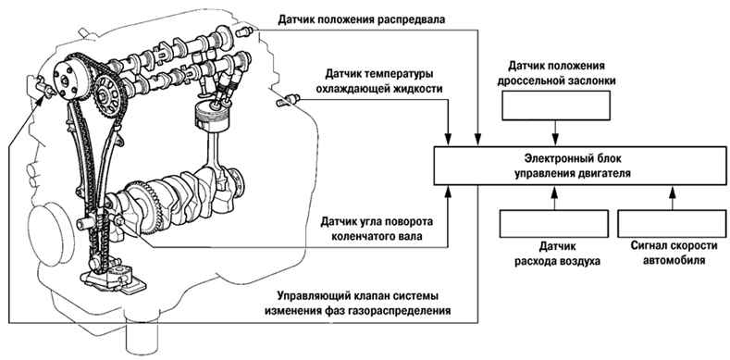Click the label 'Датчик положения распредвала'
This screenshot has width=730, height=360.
click(x=361, y=20)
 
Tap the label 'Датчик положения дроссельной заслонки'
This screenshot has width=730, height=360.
click(x=556, y=73)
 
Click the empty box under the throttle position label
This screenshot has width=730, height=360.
click(x=556, y=106)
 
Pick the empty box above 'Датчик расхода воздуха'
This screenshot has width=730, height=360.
click(x=554, y=224)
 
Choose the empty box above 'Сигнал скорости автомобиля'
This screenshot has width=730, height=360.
click(x=672, y=224)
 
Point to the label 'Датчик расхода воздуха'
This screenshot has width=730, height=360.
click(x=557, y=253)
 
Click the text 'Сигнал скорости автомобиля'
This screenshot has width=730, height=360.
click(x=674, y=253)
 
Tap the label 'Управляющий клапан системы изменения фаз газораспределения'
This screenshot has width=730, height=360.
click(x=357, y=304)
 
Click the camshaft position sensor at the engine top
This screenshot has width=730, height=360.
click(x=244, y=32)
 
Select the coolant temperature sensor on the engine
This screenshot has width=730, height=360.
click(x=287, y=100)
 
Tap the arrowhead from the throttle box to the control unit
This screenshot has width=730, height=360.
click(x=555, y=141)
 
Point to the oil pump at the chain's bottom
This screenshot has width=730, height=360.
click(x=113, y=279)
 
